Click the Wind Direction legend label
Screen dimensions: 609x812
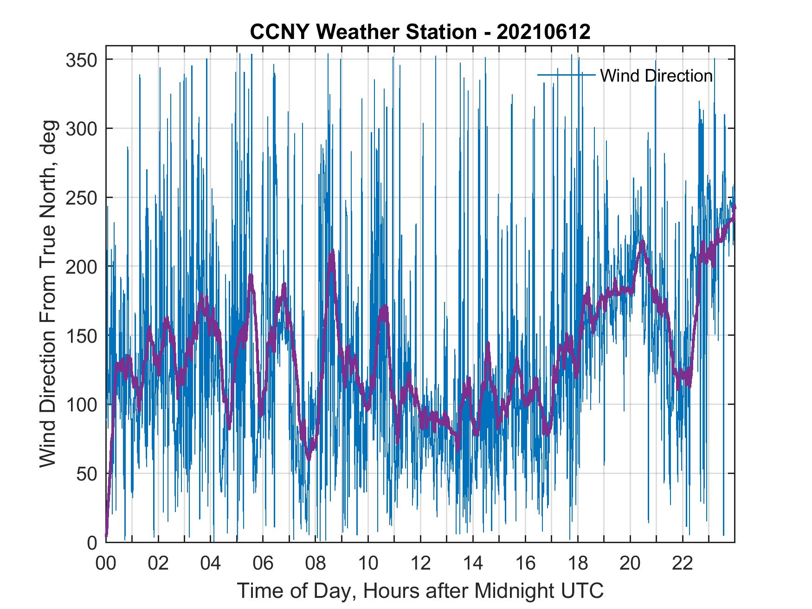656,76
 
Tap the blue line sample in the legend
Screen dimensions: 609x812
566,75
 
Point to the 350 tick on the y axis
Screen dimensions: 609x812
81,60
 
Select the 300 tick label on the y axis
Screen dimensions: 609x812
81,128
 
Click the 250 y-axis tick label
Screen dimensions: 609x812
81,198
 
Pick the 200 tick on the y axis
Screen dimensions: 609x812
81,267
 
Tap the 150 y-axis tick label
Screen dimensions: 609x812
81,335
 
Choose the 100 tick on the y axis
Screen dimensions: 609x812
81,404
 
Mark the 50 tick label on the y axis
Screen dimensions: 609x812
86,474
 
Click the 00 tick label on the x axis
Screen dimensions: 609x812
106,564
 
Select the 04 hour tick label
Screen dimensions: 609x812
211,564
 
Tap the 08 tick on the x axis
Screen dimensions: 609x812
316,564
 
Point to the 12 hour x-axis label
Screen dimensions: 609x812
420,564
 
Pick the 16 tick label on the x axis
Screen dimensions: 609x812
525,564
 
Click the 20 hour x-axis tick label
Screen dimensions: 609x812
630,564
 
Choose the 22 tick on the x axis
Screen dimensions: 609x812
683,564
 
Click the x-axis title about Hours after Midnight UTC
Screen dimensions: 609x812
420,590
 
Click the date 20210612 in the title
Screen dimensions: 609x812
543,32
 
